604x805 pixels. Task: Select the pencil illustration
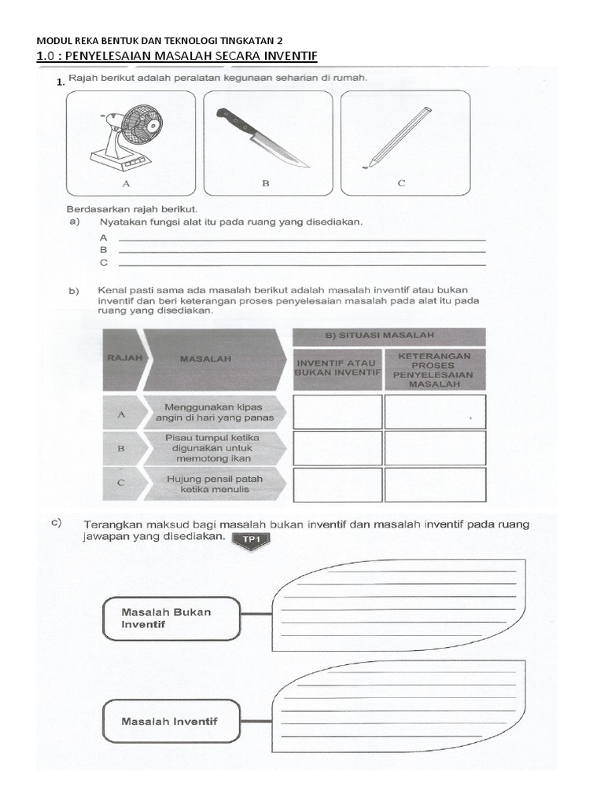click(x=398, y=137)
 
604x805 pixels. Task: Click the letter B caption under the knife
click(x=265, y=184)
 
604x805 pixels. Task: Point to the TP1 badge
click(x=251, y=539)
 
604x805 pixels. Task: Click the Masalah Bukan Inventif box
click(x=171, y=618)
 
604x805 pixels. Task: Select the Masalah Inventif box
click(x=171, y=721)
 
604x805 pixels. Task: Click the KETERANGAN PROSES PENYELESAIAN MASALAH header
click(x=435, y=369)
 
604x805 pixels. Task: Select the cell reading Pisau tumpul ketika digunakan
click(x=211, y=448)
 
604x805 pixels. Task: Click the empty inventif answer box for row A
click(x=337, y=412)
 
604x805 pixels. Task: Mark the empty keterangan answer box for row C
click(x=435, y=484)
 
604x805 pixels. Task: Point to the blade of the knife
click(x=280, y=151)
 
